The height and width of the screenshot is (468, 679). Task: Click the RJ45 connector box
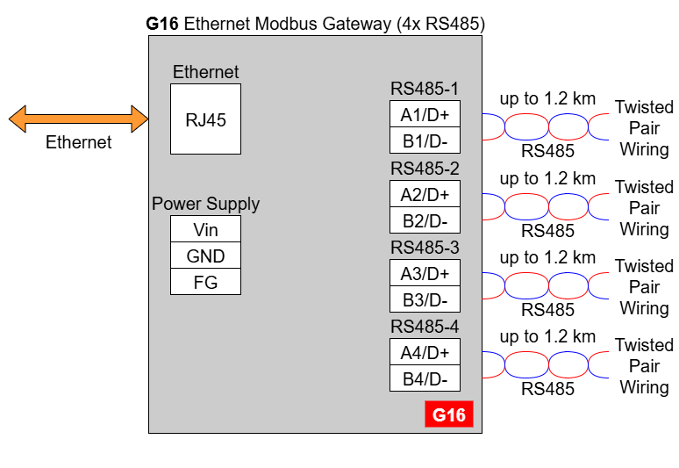tap(205, 119)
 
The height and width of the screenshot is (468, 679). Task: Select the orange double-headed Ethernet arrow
tap(78, 119)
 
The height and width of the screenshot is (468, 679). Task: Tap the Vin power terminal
tap(205, 229)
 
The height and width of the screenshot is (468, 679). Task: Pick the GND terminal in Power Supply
tap(205, 256)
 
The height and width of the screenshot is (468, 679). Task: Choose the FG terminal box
tap(205, 282)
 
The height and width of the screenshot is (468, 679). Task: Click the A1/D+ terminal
tap(425, 114)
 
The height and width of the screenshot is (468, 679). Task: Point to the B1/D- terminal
tap(425, 140)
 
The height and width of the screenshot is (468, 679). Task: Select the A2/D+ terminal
tap(425, 194)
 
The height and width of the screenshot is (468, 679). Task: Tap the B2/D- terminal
tap(425, 220)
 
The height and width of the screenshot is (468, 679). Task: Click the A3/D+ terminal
tap(425, 272)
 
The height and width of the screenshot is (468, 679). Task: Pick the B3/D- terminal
tap(425, 299)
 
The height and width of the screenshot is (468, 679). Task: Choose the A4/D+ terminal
tap(425, 352)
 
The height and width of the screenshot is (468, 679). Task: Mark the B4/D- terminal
tap(425, 378)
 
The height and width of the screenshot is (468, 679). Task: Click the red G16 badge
tap(449, 414)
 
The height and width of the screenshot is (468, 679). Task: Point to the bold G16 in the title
tap(162, 24)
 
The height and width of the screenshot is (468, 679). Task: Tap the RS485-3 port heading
tap(425, 248)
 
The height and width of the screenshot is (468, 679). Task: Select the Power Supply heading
tap(205, 204)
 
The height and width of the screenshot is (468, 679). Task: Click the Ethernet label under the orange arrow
tap(78, 142)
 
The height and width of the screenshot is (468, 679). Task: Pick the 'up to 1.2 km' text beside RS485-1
tap(547, 99)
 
